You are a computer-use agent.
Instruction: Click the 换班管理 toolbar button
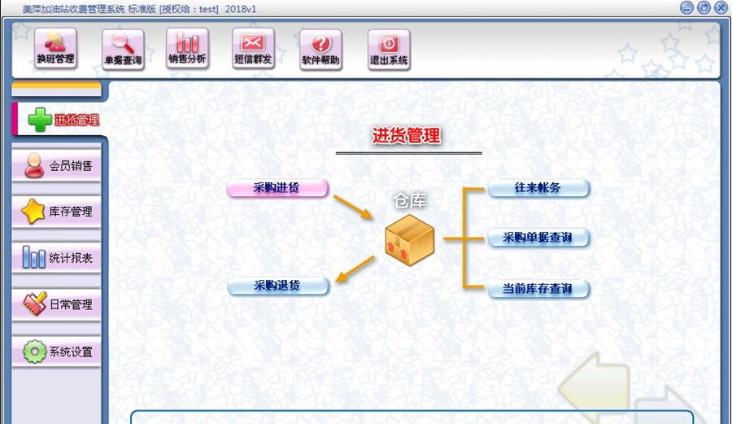pos(55,49)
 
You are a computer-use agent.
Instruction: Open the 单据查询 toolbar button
pos(123,50)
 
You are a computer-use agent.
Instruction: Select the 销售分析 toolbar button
pos(187,49)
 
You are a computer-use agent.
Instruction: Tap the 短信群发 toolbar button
pos(253,50)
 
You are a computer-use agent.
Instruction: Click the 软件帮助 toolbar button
pos(320,50)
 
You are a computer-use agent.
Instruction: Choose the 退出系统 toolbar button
pos(389,50)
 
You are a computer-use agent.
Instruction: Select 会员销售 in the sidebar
pos(58,166)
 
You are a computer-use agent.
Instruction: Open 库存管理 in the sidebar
pos(58,212)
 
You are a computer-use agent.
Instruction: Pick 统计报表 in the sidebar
pos(58,259)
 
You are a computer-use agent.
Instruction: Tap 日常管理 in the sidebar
pos(58,305)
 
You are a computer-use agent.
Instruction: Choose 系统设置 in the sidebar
pos(58,352)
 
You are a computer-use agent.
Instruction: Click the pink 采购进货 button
pos(277,188)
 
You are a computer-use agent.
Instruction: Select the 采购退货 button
pos(277,286)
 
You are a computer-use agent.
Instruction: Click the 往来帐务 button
pos(538,188)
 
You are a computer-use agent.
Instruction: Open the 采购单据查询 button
pos(538,238)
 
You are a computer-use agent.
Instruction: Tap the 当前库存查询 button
pos(538,289)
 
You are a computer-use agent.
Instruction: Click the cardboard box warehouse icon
pos(409,238)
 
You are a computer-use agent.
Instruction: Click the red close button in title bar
pos(721,7)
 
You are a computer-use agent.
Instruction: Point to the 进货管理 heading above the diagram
pos(407,136)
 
